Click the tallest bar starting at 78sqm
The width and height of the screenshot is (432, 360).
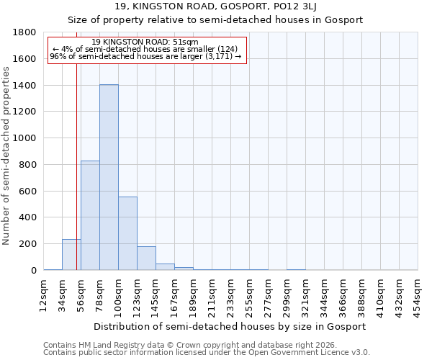pos(109,177)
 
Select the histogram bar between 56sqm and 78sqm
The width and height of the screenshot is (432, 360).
pos(90,215)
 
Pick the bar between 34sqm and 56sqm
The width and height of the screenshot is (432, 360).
pos(71,255)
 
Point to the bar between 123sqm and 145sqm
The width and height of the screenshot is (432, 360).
pos(146,258)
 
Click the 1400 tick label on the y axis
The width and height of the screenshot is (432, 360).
pos(25,86)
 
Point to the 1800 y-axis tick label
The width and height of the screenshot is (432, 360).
pos(25,32)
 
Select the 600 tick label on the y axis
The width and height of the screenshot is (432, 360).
pos(28,191)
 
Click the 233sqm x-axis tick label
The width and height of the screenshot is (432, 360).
pos(231,295)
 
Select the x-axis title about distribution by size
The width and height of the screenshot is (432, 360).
pos(230,326)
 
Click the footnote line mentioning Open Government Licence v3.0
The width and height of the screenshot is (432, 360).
pos(207,353)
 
